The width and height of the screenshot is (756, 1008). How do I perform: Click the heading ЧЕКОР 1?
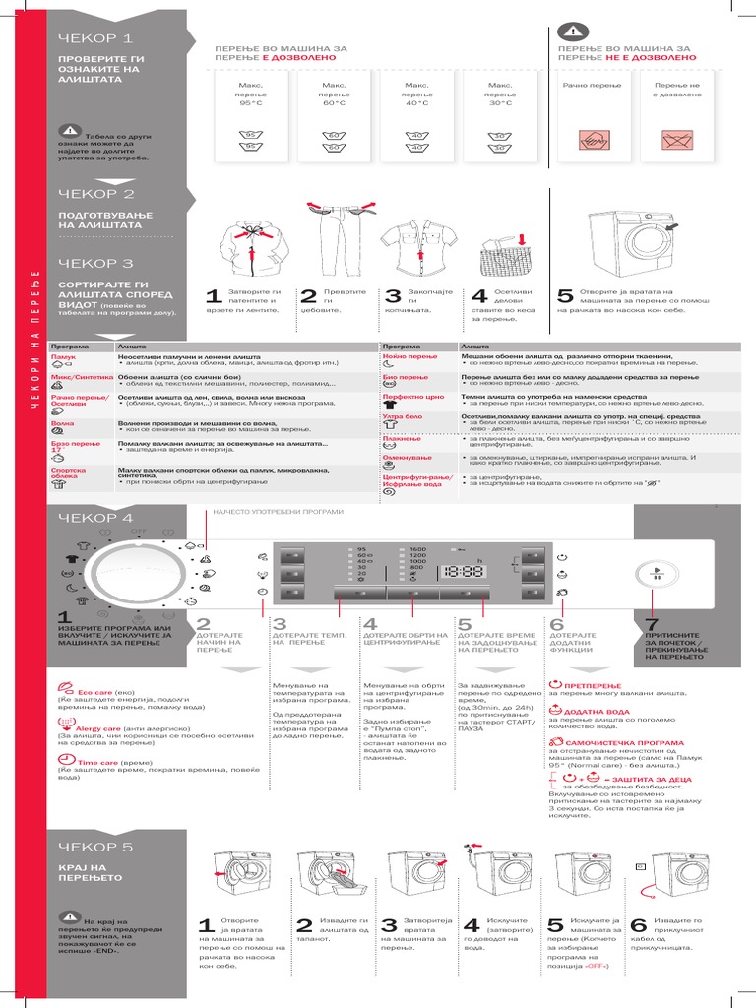(x=94, y=38)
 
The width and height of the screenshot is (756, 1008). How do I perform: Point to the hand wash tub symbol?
(x=594, y=140)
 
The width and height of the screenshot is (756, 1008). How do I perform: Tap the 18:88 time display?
(x=462, y=570)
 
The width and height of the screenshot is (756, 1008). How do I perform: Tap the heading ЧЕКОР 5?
(x=94, y=846)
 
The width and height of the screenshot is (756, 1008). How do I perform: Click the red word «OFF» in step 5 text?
(x=596, y=966)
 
